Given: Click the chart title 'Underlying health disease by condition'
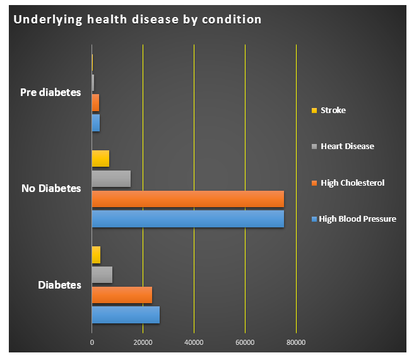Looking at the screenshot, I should (x=138, y=19).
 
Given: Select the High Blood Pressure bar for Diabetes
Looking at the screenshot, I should (x=126, y=315).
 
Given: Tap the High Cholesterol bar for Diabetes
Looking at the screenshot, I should (x=122, y=294).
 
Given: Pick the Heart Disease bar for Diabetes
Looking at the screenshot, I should (x=102, y=275).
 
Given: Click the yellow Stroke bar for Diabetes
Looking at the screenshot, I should (x=96, y=255).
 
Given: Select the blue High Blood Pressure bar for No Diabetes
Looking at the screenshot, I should (x=187, y=219).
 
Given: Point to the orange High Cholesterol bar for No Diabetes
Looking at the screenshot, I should (x=187, y=199).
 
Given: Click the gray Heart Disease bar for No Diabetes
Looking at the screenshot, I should (x=111, y=179).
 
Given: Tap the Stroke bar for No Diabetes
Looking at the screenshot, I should (x=100, y=159).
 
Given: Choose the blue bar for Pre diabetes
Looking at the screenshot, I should (x=96, y=123).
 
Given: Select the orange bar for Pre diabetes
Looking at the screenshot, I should (x=95, y=102).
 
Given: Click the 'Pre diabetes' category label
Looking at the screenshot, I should (x=50, y=92).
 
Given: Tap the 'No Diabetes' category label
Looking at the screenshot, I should (x=51, y=188).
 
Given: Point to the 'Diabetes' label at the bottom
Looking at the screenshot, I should (x=59, y=285).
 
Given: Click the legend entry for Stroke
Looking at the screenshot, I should (x=333, y=110).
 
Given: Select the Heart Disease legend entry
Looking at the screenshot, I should (x=347, y=146).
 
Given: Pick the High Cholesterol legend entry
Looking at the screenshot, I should (x=352, y=183).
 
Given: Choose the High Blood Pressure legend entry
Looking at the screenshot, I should (x=357, y=219).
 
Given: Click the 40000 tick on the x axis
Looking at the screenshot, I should (x=194, y=342).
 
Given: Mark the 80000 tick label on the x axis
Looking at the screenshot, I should (x=296, y=342).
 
